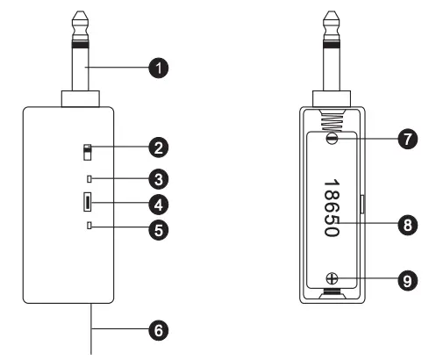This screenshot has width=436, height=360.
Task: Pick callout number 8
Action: point(406,224)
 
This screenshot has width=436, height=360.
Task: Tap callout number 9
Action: point(406,281)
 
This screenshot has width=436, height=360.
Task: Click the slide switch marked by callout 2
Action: point(87,152)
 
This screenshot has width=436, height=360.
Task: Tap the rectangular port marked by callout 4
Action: point(88,204)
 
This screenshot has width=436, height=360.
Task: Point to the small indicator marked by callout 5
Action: point(88,228)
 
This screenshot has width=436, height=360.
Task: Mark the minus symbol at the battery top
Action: point(332,139)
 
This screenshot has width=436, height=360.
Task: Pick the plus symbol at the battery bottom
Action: point(332,279)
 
